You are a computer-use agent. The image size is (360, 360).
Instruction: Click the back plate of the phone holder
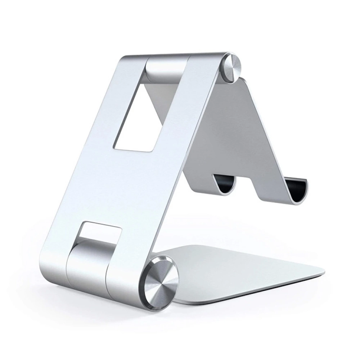(x=230, y=137)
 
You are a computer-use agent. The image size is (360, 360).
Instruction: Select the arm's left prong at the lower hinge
(x=54, y=259)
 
